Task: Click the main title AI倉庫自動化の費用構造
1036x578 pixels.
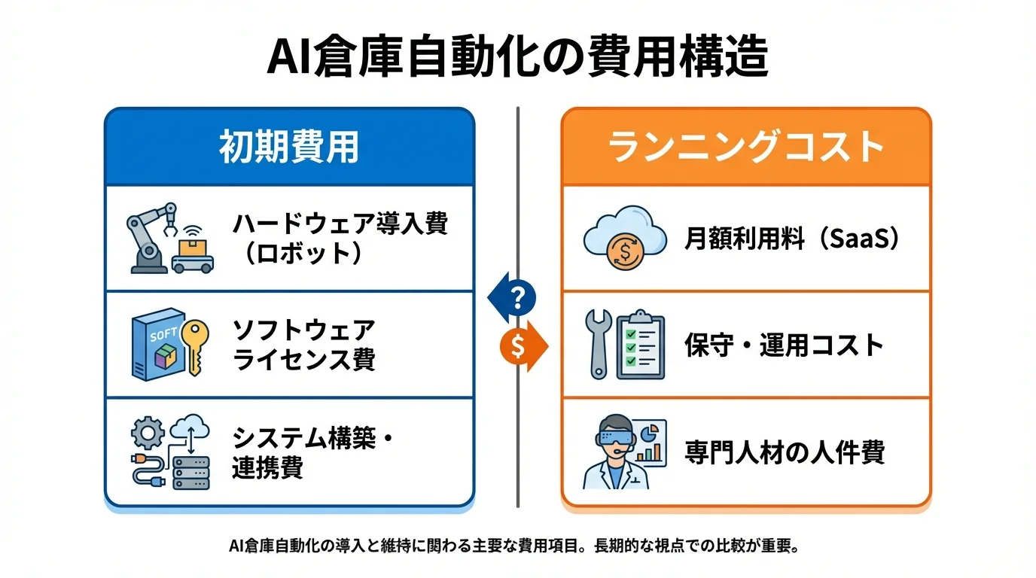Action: (x=517, y=59)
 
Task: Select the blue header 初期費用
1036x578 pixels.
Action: (x=289, y=148)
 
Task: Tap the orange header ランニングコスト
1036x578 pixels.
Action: (x=746, y=148)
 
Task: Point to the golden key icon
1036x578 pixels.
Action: (x=197, y=346)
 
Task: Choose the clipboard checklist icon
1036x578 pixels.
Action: (x=640, y=345)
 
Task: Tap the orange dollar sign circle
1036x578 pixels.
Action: (x=517, y=345)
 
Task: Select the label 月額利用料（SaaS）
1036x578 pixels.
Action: (x=792, y=239)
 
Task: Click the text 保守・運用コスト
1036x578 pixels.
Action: (x=784, y=345)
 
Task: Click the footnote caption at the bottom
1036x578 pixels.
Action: (x=517, y=545)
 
